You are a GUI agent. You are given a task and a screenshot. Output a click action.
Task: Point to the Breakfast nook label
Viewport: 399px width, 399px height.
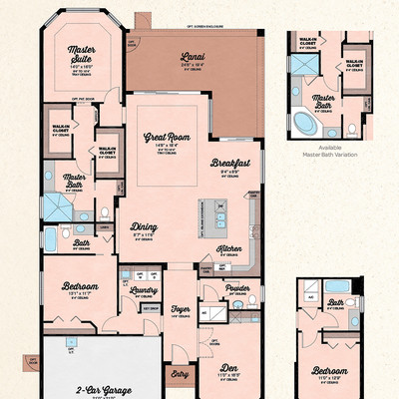pyautogui.click(x=228, y=162)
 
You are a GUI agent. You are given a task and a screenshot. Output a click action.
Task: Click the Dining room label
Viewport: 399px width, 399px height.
pyautogui.click(x=144, y=225)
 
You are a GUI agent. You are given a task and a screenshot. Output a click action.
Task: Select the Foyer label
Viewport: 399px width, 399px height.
pyautogui.click(x=181, y=309)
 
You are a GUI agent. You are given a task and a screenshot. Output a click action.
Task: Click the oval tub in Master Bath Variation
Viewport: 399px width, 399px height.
pyautogui.click(x=300, y=123)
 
